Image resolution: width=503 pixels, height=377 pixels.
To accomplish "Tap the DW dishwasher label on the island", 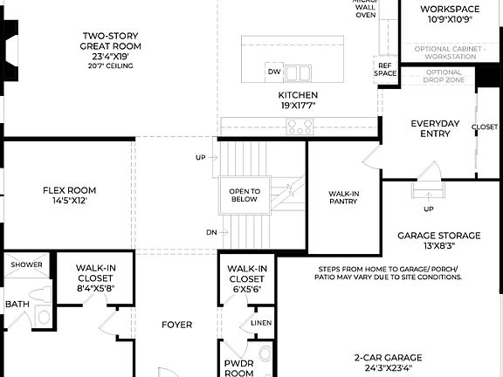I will coord(274,72).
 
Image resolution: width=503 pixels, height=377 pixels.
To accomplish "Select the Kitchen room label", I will coord(298,99).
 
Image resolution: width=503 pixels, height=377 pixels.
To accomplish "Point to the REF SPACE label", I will coord(386,70).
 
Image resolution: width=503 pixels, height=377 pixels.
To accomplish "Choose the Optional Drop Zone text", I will coord(444,77).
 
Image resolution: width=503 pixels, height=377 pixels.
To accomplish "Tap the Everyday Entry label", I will coord(435,128).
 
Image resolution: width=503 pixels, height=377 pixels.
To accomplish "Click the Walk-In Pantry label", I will coord(343,198).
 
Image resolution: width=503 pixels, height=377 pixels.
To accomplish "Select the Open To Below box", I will coord(245,195).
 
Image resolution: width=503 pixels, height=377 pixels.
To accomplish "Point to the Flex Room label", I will coord(70,195).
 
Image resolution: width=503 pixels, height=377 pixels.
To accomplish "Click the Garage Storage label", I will coord(438,240).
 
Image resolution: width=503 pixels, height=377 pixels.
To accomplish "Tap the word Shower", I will coord(26,264).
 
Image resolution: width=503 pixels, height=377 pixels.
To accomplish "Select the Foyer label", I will coord(176,325).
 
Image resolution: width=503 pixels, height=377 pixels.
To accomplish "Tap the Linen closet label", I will coord(261,322).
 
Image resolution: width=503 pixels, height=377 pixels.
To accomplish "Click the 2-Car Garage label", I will coord(388,362).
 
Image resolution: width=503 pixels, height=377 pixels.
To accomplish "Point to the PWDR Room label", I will coord(238,367).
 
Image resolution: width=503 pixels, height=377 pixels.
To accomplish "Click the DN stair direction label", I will coord(212,232).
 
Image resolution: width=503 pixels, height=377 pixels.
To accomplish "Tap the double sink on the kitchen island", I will coord(298,72).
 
